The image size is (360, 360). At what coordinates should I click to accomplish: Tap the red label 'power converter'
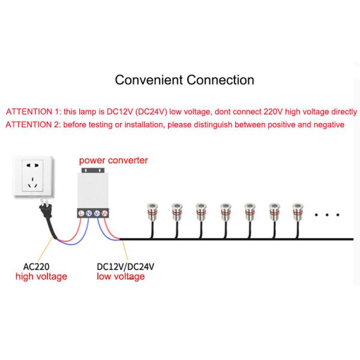tap(113, 161)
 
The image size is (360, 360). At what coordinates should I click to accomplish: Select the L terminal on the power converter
tap(81, 213)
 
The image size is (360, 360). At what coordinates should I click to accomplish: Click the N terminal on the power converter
tap(89, 213)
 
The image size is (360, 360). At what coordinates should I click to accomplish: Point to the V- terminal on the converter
tap(97, 213)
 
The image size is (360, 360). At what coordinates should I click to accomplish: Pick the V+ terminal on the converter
tap(105, 213)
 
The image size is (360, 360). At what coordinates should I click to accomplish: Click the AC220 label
tap(36, 267)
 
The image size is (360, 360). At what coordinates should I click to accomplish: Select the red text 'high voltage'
tap(41, 277)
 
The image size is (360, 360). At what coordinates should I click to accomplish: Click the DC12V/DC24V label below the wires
tap(124, 267)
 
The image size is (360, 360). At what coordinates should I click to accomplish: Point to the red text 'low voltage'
tap(121, 277)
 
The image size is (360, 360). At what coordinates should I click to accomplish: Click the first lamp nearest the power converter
tap(150, 210)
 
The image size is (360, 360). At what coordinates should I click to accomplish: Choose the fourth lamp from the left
tap(226, 210)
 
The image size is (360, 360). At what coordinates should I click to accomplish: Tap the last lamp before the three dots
tap(300, 210)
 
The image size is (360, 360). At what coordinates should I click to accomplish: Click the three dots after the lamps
tap(328, 213)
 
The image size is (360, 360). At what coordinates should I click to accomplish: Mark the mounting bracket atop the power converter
tap(93, 170)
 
